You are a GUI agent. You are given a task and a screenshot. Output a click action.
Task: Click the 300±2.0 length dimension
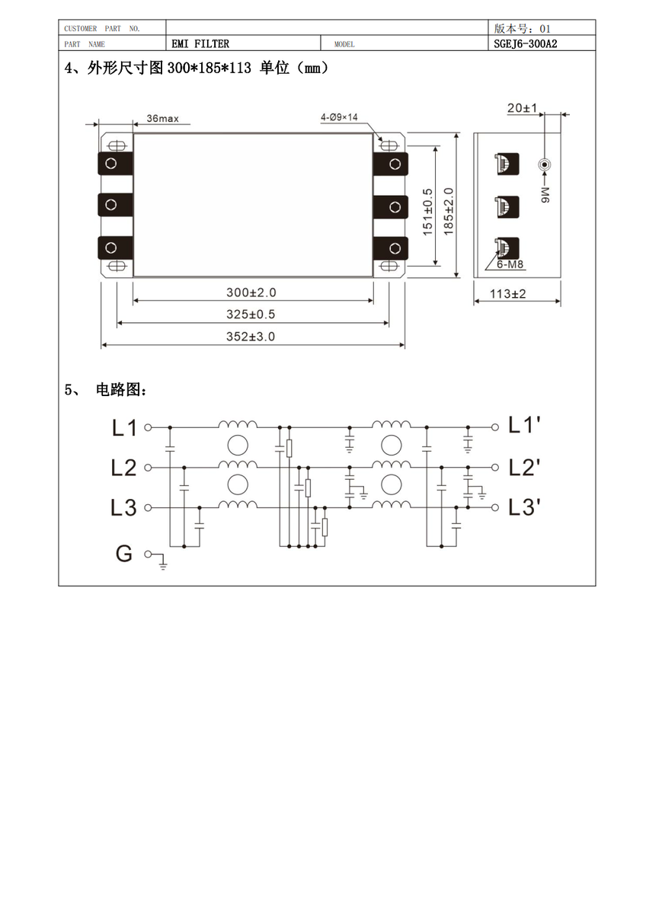click(x=251, y=292)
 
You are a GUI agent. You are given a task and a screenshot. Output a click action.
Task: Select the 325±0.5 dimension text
click(x=251, y=314)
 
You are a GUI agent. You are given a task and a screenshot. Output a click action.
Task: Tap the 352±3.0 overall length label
click(x=251, y=337)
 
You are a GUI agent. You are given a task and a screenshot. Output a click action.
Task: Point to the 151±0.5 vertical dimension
click(x=427, y=212)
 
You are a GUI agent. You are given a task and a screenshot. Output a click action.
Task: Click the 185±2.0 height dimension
click(x=449, y=212)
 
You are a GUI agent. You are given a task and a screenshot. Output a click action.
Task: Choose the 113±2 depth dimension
click(x=507, y=294)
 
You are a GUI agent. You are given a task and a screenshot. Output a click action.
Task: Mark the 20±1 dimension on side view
click(x=522, y=108)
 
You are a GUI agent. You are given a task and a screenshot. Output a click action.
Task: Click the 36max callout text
click(x=162, y=118)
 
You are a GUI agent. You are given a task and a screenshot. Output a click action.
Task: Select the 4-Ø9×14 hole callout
click(x=339, y=117)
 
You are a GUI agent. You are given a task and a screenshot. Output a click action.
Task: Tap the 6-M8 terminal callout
click(x=510, y=264)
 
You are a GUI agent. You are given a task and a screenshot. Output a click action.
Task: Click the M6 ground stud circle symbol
click(x=545, y=165)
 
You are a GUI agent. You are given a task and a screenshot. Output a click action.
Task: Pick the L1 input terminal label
click(x=124, y=428)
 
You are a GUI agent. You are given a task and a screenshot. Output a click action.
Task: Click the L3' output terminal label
click(x=524, y=507)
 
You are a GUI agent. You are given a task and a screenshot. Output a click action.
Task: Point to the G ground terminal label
click(x=124, y=554)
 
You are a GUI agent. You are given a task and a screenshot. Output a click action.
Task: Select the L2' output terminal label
click(x=524, y=468)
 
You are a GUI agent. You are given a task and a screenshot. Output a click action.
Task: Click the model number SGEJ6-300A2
click(x=525, y=43)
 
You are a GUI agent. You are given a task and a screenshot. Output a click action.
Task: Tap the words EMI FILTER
click(x=200, y=43)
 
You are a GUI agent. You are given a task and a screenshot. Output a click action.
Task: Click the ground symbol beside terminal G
click(x=163, y=562)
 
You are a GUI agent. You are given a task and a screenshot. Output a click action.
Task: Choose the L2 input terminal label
click(x=123, y=468)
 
